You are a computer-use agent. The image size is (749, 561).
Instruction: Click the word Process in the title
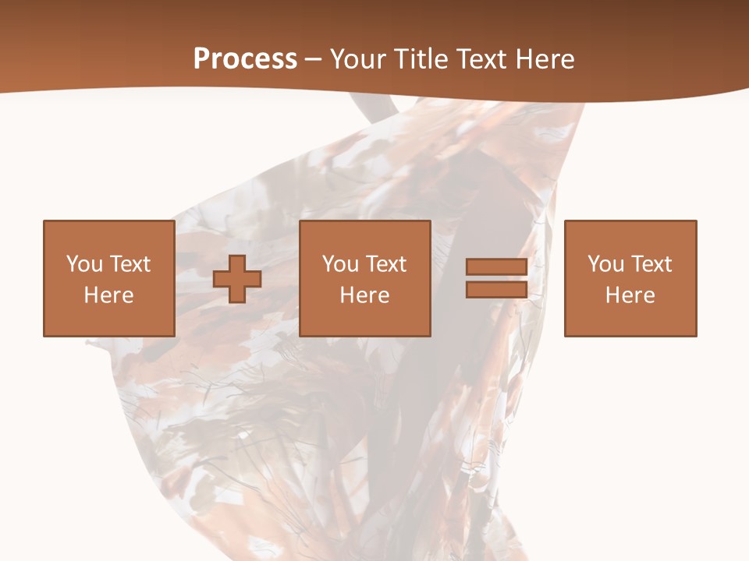(245, 58)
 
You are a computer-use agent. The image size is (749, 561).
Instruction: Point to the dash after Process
(313, 59)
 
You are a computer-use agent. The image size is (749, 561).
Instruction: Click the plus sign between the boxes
(237, 279)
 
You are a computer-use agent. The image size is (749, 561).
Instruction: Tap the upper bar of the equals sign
(496, 267)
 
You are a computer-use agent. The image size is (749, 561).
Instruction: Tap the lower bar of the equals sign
(496, 289)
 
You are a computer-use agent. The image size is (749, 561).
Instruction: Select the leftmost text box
(108, 278)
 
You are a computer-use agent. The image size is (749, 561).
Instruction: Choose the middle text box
(365, 278)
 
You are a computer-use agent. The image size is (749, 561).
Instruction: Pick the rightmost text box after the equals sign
(630, 278)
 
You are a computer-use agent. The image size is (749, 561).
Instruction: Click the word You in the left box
(83, 264)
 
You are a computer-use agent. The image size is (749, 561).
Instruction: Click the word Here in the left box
(108, 295)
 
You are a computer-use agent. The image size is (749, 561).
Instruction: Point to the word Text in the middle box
(385, 264)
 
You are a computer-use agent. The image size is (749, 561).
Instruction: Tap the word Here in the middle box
(365, 295)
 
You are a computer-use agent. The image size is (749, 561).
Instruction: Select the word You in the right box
(605, 264)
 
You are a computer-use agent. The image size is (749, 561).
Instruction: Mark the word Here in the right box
(630, 295)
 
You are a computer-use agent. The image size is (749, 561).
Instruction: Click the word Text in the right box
(651, 264)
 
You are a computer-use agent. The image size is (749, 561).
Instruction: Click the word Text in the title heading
(481, 58)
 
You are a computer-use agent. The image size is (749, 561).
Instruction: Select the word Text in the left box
(130, 264)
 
